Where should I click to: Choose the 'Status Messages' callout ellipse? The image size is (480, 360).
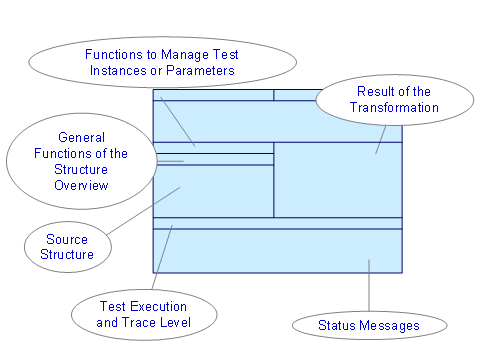[x=368, y=325]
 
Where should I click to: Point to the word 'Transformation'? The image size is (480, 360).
[x=393, y=108]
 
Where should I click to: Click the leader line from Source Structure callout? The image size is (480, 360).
[x=144, y=211]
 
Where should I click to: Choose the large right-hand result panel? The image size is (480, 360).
[x=337, y=180]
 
